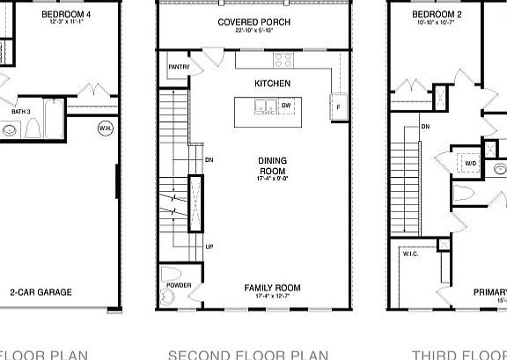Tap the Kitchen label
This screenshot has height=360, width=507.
(272, 83)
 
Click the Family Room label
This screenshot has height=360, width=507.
(272, 288)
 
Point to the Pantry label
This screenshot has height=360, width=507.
(178, 66)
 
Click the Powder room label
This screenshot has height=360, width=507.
(178, 286)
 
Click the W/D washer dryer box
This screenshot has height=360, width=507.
(470, 164)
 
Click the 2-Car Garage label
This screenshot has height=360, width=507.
(40, 292)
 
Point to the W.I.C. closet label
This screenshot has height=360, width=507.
(412, 253)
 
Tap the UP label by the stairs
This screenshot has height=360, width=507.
(209, 246)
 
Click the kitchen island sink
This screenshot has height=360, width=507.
(263, 107)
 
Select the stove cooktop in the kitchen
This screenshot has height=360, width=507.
(284, 60)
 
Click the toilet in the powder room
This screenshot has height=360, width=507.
(173, 273)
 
